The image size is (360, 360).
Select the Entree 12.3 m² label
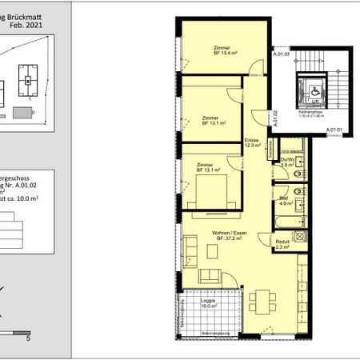click(x=254, y=142)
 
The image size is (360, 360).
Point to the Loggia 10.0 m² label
click(x=210, y=302)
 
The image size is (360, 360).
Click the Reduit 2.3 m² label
click(x=282, y=245)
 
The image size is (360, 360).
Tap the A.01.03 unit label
click(x=281, y=54)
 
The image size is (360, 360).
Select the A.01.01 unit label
click(x=334, y=130)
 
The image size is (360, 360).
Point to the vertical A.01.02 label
click(x=274, y=119)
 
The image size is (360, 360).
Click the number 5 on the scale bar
click(x=29, y=338)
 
